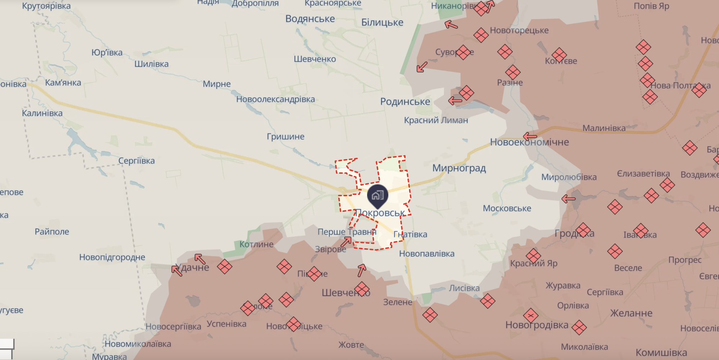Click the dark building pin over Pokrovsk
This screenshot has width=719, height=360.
(x=377, y=196)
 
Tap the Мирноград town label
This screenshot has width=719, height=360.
(x=459, y=168)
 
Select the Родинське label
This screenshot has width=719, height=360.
(x=405, y=102)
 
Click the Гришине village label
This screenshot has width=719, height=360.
(x=285, y=137)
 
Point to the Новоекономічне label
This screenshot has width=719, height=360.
(x=530, y=142)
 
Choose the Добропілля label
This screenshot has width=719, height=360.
(x=255, y=4)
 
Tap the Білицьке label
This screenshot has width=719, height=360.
(x=382, y=23)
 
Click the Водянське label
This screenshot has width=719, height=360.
(x=310, y=19)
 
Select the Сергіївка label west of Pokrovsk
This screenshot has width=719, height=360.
(x=137, y=161)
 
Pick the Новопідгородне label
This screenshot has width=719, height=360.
(x=112, y=257)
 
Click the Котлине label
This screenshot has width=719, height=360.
(x=256, y=245)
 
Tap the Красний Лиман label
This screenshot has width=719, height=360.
(x=436, y=120)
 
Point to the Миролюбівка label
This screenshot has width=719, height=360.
(x=569, y=177)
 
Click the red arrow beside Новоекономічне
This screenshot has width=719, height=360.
(x=530, y=136)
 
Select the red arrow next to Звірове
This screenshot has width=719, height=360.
(x=346, y=242)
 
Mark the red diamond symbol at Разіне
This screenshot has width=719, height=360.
(x=513, y=72)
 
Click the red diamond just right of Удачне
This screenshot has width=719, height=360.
(x=224, y=267)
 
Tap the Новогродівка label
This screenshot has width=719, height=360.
(x=537, y=325)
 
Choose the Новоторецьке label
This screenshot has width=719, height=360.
(x=519, y=31)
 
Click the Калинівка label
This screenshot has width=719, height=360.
(x=42, y=113)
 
